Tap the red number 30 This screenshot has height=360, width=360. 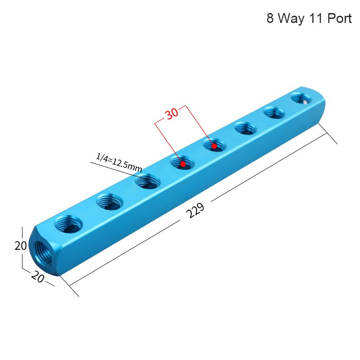[x=171, y=113]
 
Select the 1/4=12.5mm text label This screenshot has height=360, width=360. [x=119, y=162]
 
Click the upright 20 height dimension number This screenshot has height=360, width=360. [x=21, y=246]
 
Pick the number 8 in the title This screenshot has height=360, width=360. [x=270, y=19]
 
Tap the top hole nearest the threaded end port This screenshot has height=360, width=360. [x=68, y=223]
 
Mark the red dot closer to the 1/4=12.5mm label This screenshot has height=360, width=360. [x=183, y=164]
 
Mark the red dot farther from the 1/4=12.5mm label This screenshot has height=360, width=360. [x=215, y=146]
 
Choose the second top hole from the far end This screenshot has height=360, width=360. [x=274, y=112]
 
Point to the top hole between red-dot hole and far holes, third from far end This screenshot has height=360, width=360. [x=246, y=129]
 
